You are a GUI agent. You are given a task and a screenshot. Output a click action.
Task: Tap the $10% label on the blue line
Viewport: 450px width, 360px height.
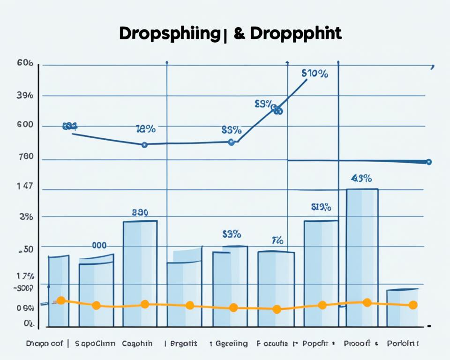coord(315,74)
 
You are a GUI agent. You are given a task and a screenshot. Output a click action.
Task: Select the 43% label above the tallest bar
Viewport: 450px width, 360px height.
coord(361,178)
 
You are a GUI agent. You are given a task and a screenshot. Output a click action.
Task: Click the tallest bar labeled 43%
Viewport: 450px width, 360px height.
coord(362,258)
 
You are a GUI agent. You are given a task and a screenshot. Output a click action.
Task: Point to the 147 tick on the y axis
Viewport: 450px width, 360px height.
coord(25,186)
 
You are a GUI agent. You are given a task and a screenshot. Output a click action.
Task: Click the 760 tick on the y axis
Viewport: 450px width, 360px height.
coord(25,157)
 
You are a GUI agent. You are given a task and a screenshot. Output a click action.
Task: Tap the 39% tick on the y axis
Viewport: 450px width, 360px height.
coord(25,95)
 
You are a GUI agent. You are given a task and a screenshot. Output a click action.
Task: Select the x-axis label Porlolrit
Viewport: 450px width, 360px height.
coord(403,344)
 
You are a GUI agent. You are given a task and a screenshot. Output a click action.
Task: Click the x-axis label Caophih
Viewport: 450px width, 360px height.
coord(137,344)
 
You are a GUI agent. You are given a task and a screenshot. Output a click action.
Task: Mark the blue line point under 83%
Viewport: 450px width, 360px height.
coord(231,142)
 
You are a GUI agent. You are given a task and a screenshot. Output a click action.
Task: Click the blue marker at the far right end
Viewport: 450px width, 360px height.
coord(428,162)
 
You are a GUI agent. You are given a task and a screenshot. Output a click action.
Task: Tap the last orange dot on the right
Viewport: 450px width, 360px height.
coord(413,305)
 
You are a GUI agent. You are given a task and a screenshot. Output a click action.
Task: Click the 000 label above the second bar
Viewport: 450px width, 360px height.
coord(98,245)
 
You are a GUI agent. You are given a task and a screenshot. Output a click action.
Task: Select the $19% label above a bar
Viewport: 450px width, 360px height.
coord(321,207)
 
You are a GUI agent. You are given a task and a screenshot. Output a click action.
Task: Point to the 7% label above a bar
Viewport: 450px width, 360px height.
coord(277,241)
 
